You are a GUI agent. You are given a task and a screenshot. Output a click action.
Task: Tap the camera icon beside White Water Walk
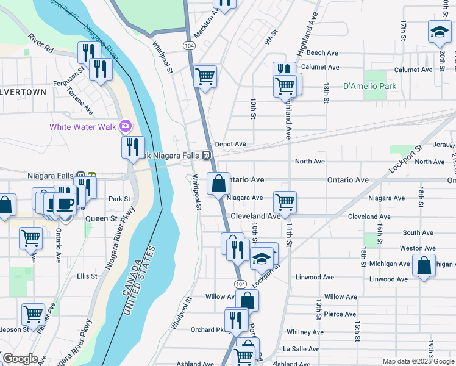click(126, 126)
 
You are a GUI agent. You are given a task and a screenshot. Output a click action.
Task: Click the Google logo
click(20, 359)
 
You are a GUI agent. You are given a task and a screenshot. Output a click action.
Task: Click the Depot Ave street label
click(230, 144)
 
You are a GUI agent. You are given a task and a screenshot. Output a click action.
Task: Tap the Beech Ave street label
click(323, 53)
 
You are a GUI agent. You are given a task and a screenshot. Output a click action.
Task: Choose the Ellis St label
click(87, 276)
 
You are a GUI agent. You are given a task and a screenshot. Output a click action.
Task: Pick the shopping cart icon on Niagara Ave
click(285, 201)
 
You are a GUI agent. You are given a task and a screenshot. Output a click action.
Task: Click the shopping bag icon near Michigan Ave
click(424, 265)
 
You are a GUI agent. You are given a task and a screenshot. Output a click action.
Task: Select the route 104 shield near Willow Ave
click(240, 285)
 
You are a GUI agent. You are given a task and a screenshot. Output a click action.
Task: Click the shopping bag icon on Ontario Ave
click(218, 182)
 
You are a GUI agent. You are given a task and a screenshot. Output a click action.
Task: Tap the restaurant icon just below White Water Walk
click(132, 147)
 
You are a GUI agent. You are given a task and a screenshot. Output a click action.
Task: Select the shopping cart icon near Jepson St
click(33, 314)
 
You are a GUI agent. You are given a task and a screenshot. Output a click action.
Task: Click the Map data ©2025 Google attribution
click(418, 361)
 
